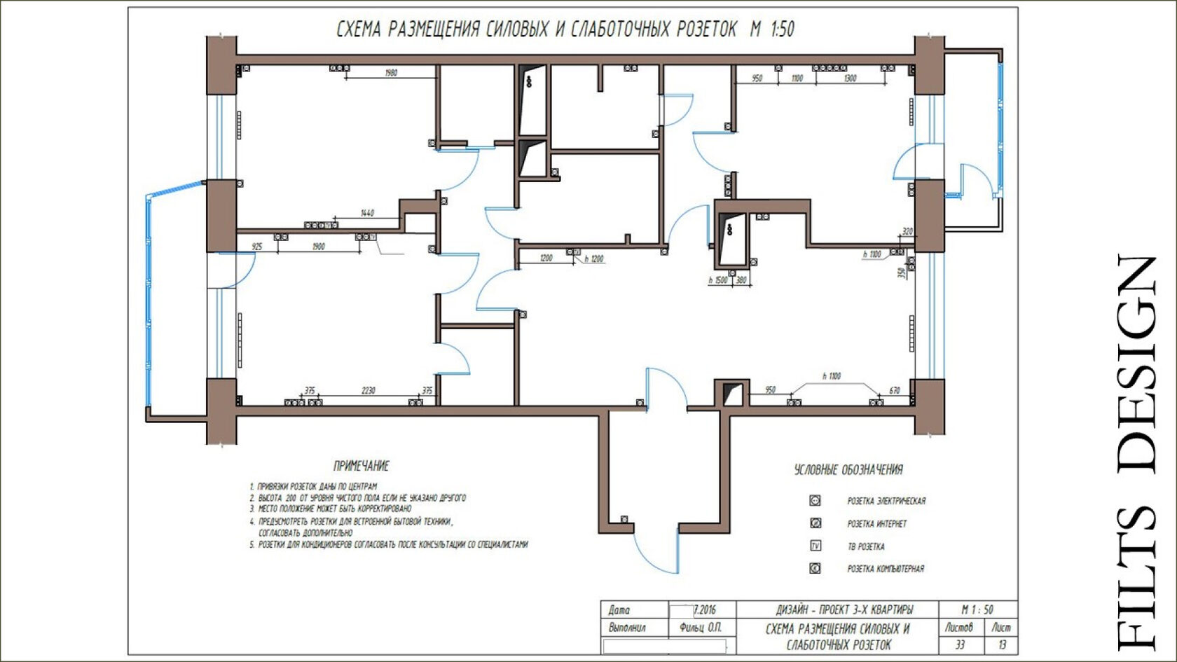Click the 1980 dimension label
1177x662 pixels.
[x=391, y=73]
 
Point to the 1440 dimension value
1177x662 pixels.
[x=367, y=213]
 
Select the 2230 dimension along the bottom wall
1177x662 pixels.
[x=368, y=391]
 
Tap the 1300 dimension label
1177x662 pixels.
[x=849, y=78]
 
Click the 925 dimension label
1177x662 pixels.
[x=257, y=247]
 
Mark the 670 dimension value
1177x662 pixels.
[x=894, y=390]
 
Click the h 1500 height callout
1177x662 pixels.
[x=718, y=280]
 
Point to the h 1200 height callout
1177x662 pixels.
[x=593, y=259]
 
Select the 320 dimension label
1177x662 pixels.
[x=908, y=232]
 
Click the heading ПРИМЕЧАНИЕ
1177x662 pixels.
[x=361, y=466]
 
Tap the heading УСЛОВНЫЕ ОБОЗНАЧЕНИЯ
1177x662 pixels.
[x=848, y=470]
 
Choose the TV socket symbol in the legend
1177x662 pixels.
[x=815, y=546]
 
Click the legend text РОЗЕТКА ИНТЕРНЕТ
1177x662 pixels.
[x=876, y=523]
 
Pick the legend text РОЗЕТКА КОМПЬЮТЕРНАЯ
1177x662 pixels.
[x=886, y=569]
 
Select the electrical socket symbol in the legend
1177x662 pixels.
[x=815, y=500]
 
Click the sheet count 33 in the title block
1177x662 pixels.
[x=960, y=644]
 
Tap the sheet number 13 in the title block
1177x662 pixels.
[x=1003, y=644]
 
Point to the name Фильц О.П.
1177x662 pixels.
[x=700, y=628]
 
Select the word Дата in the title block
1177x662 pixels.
[x=619, y=610]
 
